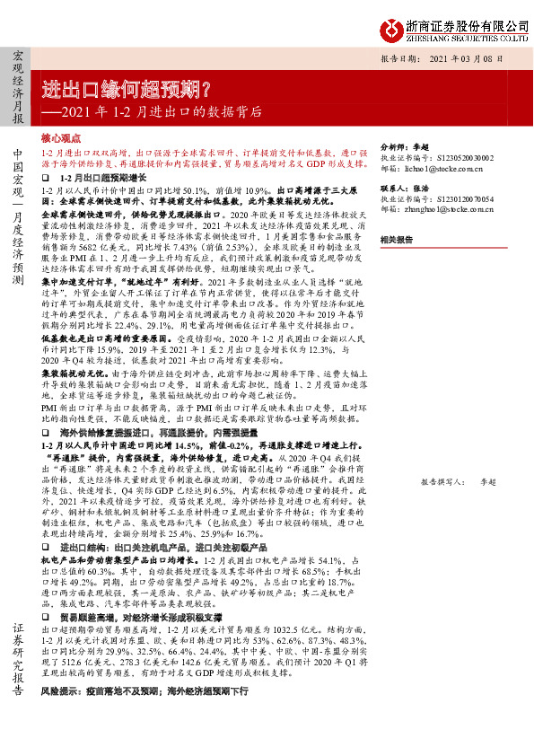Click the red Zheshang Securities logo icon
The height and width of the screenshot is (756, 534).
tap(389, 30)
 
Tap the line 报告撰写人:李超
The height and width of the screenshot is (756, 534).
tap(458, 481)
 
